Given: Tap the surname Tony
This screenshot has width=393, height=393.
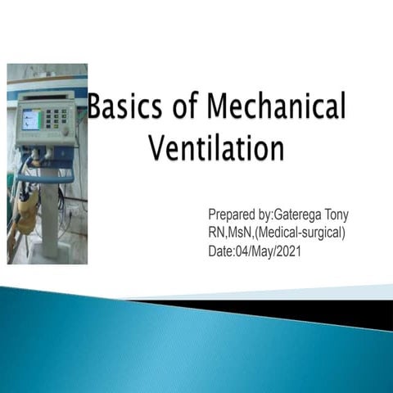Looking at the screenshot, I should (x=337, y=215).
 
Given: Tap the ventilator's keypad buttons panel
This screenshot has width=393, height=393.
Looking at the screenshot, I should (x=59, y=122).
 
